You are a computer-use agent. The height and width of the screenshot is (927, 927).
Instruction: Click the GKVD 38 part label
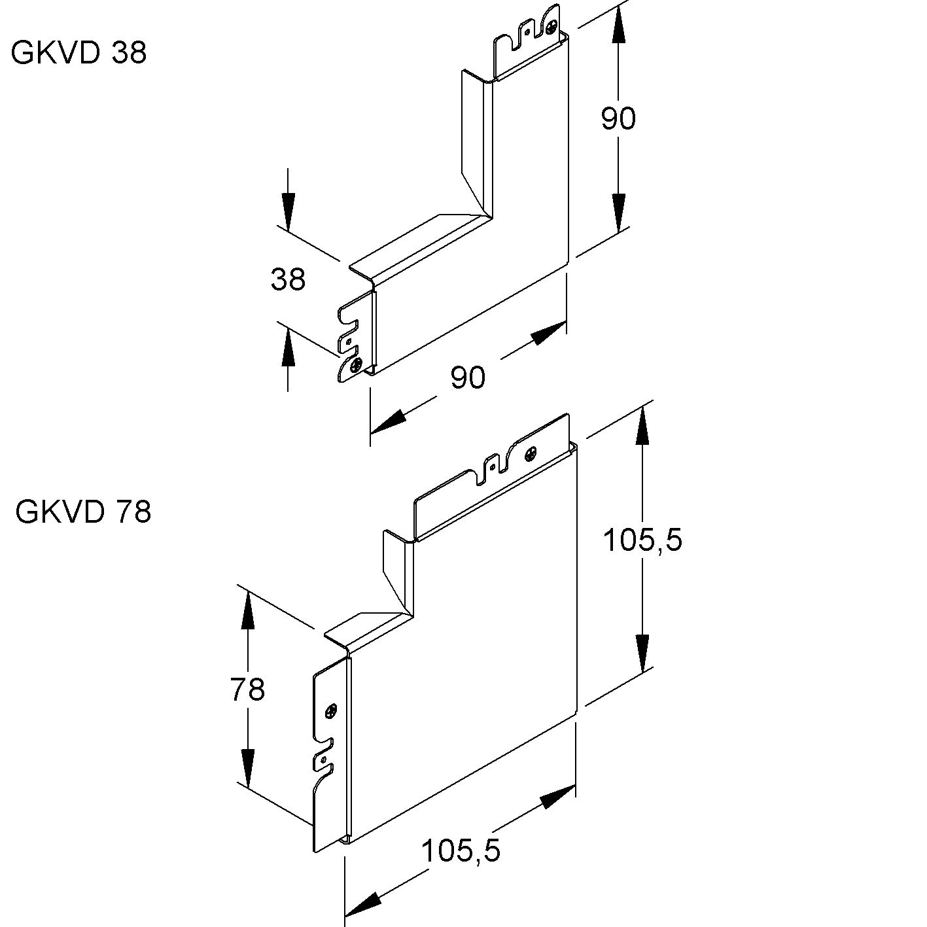(79, 52)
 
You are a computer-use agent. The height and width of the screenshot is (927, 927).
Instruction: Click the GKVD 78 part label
(83, 512)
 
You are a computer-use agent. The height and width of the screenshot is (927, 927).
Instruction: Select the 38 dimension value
(289, 280)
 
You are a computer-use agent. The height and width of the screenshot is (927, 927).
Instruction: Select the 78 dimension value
(247, 689)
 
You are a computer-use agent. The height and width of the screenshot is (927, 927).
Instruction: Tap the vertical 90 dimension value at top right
(618, 119)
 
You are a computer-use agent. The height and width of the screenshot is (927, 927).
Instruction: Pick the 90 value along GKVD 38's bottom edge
(468, 378)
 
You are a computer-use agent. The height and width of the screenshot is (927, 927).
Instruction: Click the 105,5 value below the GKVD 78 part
(461, 851)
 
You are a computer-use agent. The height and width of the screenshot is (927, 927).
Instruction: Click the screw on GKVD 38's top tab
(553, 27)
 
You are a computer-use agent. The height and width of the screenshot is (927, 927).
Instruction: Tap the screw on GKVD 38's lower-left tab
(355, 365)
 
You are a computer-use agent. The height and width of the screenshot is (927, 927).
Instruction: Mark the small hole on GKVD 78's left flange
(322, 759)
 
